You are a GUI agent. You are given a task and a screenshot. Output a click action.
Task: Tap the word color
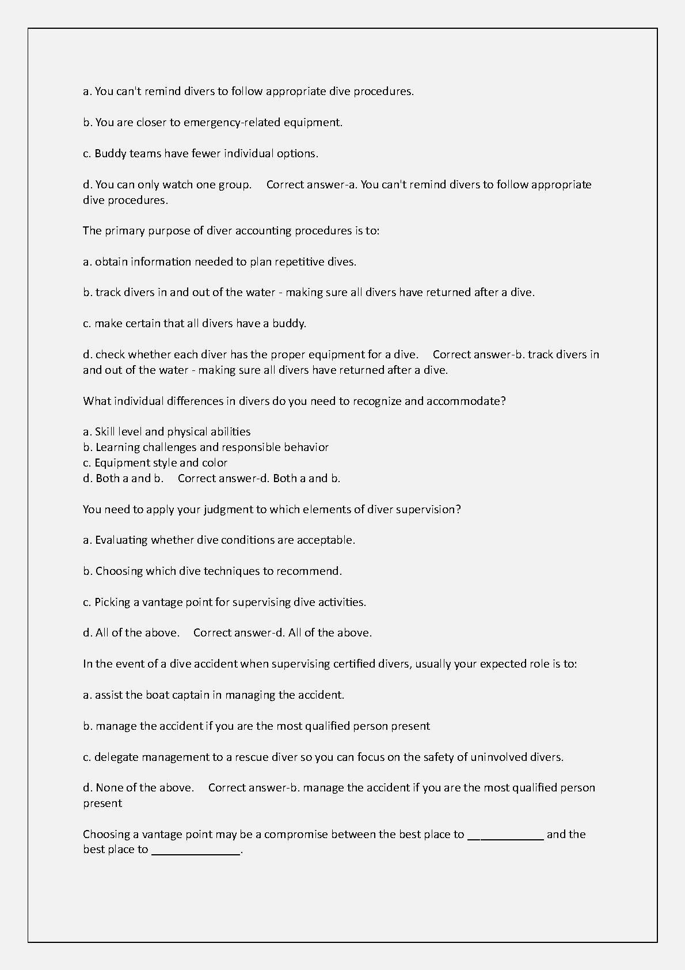coord(214,463)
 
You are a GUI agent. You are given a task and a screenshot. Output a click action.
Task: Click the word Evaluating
coord(121,540)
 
